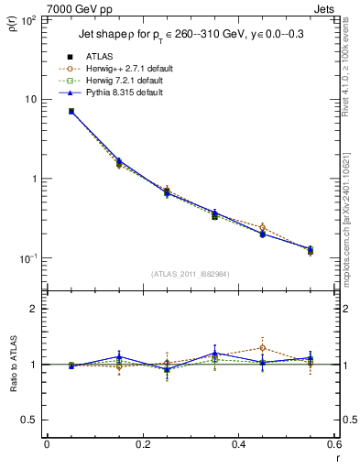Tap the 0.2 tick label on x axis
pyautogui.click(x=143, y=445)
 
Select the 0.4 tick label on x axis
pyautogui.click(x=239, y=445)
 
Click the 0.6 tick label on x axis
pyautogui.click(x=334, y=445)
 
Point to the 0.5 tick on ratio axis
pyautogui.click(x=31, y=420)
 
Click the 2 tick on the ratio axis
pyautogui.click(x=35, y=309)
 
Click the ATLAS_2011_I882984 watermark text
pyautogui.click(x=190, y=274)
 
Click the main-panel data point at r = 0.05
pyautogui.click(x=71, y=111)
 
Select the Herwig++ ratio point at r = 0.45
pyautogui.click(x=262, y=348)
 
